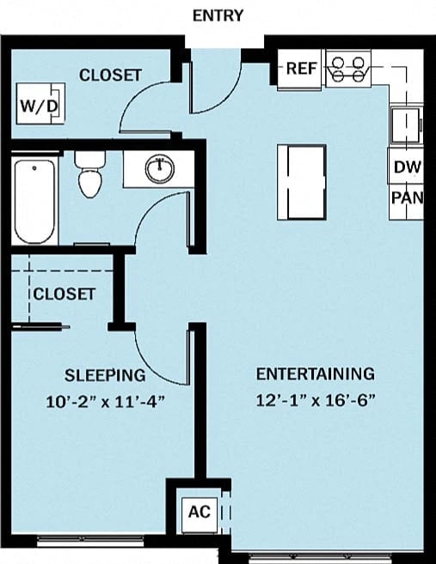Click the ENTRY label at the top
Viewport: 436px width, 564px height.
218,15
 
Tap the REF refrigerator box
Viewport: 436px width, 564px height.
301,69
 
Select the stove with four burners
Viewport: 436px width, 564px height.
347,70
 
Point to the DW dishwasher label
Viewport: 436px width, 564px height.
407,167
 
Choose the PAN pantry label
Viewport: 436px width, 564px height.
407,198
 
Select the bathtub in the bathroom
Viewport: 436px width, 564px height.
34,199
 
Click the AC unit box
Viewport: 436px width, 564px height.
199,512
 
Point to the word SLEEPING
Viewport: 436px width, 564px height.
105,375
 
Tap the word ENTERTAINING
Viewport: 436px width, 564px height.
315,373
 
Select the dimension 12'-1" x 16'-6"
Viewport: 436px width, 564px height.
315,399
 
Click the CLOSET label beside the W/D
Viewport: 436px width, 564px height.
110,76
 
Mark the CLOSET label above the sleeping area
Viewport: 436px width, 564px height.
64,294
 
